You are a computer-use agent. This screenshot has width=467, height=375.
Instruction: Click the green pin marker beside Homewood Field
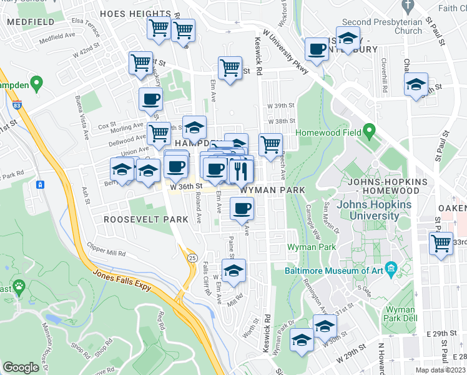point(369,132)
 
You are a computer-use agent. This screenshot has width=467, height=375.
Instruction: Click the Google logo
point(21,367)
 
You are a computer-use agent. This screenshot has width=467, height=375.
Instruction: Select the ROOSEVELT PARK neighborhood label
point(145,219)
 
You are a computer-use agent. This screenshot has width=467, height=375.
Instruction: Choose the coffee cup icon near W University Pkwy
point(317,49)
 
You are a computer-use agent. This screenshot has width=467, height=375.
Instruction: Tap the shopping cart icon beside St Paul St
point(441,244)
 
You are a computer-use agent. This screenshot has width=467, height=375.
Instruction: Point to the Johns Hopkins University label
point(368,210)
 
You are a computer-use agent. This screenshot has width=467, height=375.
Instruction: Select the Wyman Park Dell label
point(400,314)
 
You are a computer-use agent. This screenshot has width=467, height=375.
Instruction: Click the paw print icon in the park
point(20,288)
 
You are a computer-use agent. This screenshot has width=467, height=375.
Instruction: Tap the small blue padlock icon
point(40,185)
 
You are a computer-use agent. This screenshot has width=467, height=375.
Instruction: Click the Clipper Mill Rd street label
point(106,250)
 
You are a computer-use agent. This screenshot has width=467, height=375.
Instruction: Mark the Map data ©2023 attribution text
point(440,369)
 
